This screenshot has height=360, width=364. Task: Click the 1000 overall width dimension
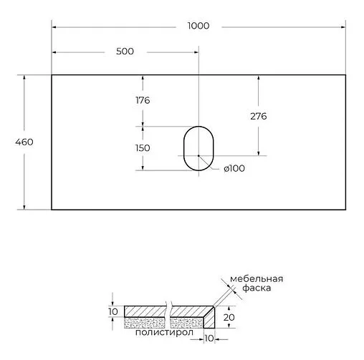point(198,26)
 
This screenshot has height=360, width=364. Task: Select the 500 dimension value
point(125,52)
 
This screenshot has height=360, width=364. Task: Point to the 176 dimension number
point(142,100)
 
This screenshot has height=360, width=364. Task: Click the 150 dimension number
point(142,147)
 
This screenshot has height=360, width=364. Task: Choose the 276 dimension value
point(259,116)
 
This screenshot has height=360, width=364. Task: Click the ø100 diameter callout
point(234,169)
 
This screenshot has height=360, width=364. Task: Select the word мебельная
point(257,279)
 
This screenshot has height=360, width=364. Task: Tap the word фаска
point(256,291)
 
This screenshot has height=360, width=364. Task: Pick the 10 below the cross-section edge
point(209,338)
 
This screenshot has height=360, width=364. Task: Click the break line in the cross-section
point(168,316)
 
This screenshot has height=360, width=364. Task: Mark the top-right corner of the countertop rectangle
point(348,74)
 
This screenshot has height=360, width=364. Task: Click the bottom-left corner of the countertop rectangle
point(52,209)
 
